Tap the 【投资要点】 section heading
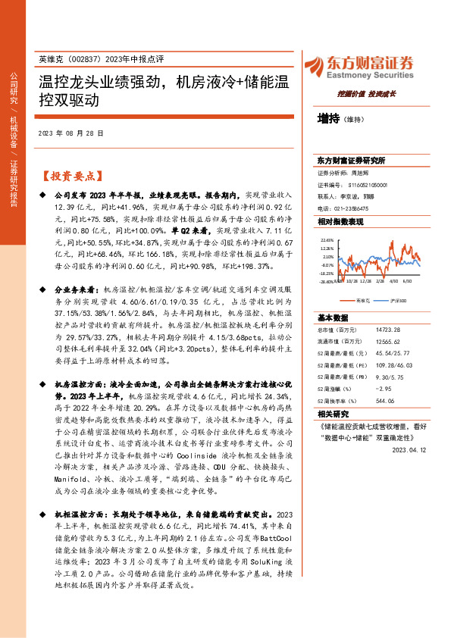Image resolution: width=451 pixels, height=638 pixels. tap(70, 176)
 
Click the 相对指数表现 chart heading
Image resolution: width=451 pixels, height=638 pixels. tap(340, 220)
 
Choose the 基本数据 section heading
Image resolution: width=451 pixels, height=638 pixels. tap(332, 317)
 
